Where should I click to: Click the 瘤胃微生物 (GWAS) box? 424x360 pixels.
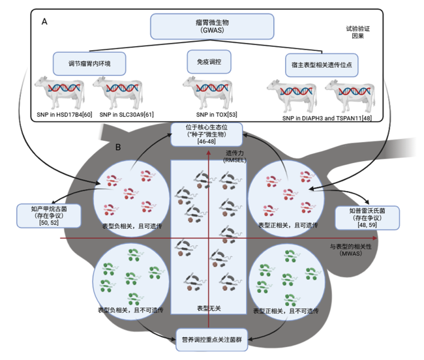tap(212, 26)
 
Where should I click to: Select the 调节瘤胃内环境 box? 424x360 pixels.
tap(89, 63)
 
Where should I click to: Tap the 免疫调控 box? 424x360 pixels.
tap(209, 61)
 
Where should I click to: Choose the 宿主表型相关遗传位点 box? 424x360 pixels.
tap(322, 65)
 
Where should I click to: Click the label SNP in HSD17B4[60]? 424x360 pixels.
tap(65, 115)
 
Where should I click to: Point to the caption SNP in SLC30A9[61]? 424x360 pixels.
tap(127, 115)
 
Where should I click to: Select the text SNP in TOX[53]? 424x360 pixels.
tap(217, 115)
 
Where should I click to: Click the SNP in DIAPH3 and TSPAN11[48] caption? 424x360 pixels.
tap(327, 118)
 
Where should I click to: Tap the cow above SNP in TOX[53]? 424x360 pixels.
tap(208, 93)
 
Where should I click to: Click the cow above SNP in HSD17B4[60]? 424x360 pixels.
tap(60, 93)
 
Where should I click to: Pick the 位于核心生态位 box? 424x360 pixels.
tap(207, 134)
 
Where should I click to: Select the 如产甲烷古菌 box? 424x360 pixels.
tap(49, 216)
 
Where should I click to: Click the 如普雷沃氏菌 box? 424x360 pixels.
tap(367, 218)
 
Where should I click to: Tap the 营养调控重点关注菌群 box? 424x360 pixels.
tap(212, 340)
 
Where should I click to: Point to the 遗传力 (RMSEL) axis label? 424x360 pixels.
tap(235, 157)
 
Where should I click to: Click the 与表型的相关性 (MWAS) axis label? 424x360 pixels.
tap(351, 250)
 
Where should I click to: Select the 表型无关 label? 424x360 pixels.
tap(209, 308)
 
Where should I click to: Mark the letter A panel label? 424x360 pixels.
tap(44, 22)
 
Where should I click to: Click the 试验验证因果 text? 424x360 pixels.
tap(357, 32)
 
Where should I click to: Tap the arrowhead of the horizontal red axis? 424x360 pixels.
tap(375, 238)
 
